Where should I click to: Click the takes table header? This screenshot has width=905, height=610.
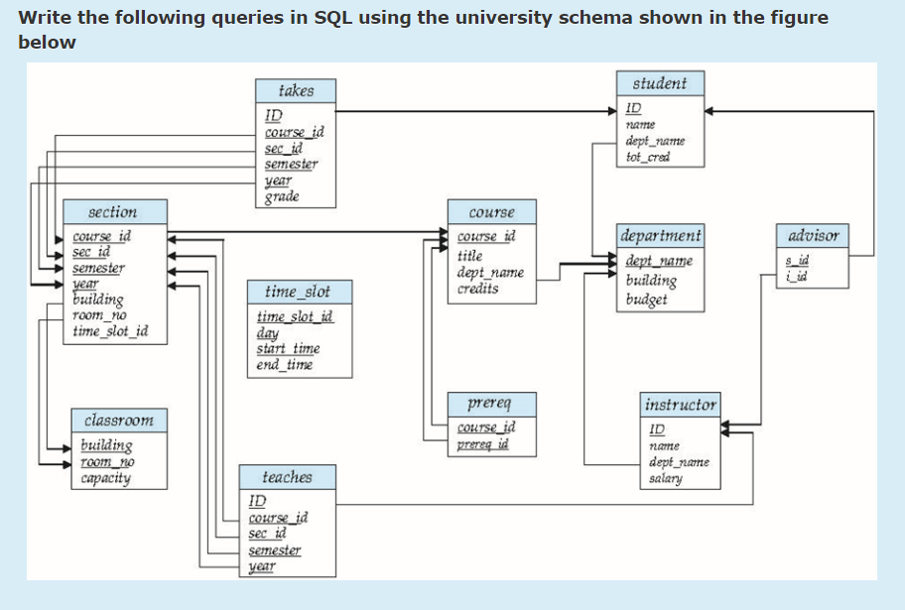click(x=296, y=91)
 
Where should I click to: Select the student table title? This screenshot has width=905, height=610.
click(x=659, y=83)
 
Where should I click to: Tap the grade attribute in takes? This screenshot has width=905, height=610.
click(x=282, y=196)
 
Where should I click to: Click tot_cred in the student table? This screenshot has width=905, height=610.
click(x=648, y=157)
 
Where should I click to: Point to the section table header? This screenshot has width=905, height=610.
click(x=113, y=212)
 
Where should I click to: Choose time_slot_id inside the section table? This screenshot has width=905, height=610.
click(x=110, y=331)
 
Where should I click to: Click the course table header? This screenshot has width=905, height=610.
click(x=491, y=212)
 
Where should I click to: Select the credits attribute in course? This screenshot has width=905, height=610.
click(x=477, y=289)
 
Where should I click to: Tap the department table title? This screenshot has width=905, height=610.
click(x=660, y=236)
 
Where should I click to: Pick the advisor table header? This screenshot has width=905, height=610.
click(x=813, y=236)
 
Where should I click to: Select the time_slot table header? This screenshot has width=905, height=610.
click(x=298, y=292)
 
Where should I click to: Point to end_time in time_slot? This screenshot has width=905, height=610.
click(x=284, y=364)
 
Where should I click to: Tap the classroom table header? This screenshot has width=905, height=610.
click(x=119, y=420)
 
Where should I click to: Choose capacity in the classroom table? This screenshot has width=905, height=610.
click(x=105, y=478)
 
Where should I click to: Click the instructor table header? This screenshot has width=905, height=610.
click(x=680, y=405)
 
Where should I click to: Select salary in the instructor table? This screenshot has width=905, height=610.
click(x=665, y=478)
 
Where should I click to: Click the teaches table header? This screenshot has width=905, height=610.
click(x=287, y=477)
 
